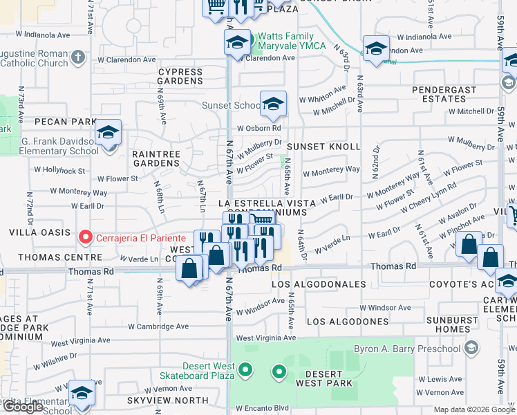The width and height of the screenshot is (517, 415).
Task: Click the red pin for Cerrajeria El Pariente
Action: [x=86, y=238]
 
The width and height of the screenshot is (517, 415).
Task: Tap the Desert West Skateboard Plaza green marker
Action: [x=245, y=372]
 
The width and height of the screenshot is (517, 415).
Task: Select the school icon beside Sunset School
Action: [x=273, y=104]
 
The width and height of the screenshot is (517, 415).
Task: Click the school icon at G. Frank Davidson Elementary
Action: [x=108, y=132]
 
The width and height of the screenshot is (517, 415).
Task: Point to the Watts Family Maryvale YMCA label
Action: [x=286, y=41]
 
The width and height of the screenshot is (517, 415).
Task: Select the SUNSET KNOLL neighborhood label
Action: [x=323, y=147]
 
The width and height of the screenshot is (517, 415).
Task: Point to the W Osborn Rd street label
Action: [x=259, y=128]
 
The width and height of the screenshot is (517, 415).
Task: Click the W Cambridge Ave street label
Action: [x=158, y=326]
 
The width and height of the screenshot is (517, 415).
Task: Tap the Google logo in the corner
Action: [x=23, y=407]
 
